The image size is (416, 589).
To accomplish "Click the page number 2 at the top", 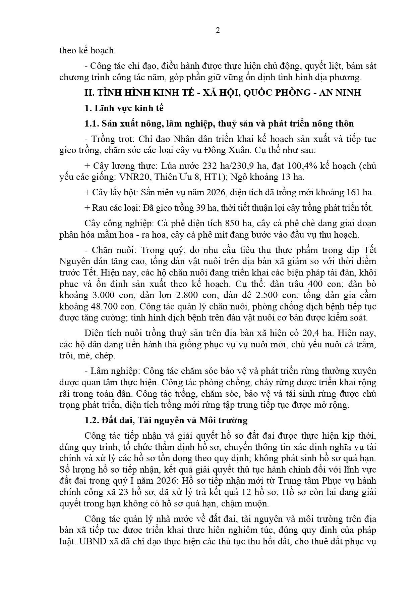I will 218,31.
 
